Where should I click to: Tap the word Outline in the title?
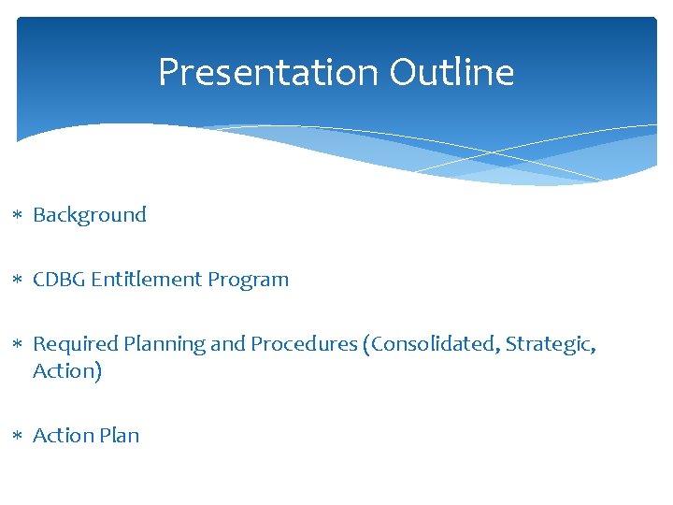click(x=451, y=72)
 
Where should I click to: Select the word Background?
click(x=90, y=215)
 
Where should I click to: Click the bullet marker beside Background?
click(x=19, y=216)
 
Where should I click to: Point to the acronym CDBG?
click(x=59, y=280)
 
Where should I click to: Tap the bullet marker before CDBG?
click(x=19, y=281)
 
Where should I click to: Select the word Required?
click(x=71, y=344)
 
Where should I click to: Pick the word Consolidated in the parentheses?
click(x=438, y=344)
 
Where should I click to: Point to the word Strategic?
click(x=551, y=345)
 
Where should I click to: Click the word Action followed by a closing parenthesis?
click(x=64, y=371)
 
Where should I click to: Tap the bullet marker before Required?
click(x=19, y=345)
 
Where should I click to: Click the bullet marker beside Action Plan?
click(x=19, y=437)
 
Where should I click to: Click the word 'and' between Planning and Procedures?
click(x=227, y=344)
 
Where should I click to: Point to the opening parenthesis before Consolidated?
click(x=375, y=344)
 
